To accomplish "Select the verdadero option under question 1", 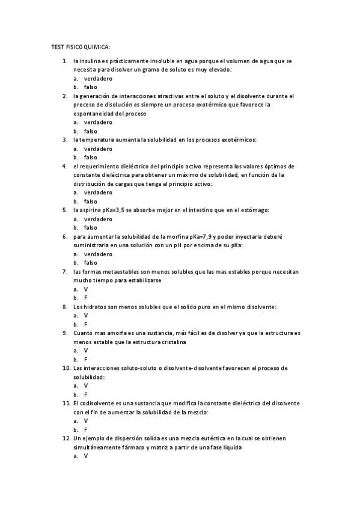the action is tap(97, 79).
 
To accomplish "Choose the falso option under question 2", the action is tap(90, 131).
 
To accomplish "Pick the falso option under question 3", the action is tap(90, 158).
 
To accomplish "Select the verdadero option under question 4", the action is tap(97, 192).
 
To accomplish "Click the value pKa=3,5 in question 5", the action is tap(123, 210).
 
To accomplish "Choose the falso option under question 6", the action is tap(90, 263).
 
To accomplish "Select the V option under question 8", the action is tap(86, 315).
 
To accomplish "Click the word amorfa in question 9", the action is tap(115, 333).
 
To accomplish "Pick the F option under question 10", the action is tap(86, 395).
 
